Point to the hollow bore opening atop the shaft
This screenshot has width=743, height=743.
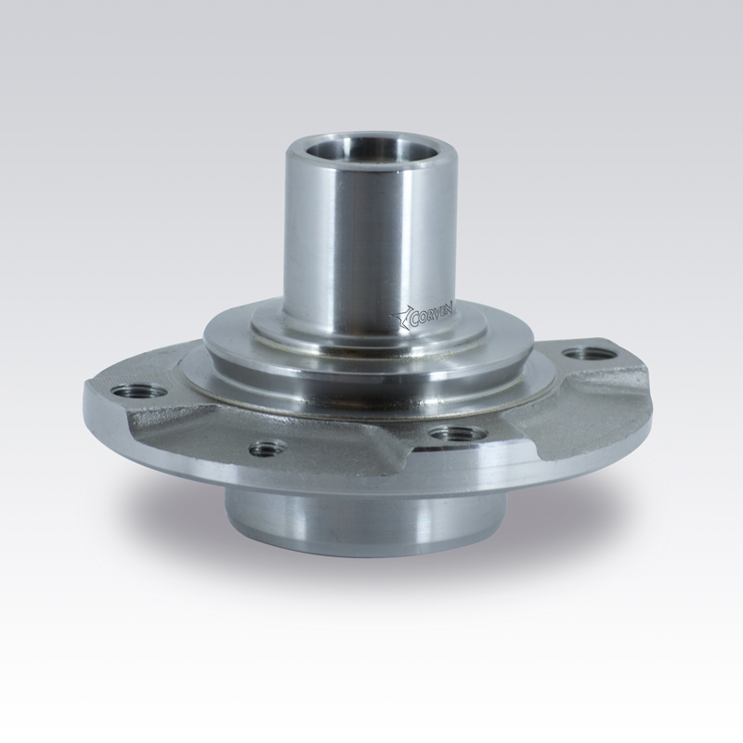click(356, 151)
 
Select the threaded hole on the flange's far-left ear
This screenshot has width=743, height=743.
click(140, 393)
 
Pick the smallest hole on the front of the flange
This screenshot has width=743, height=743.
click(267, 447)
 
